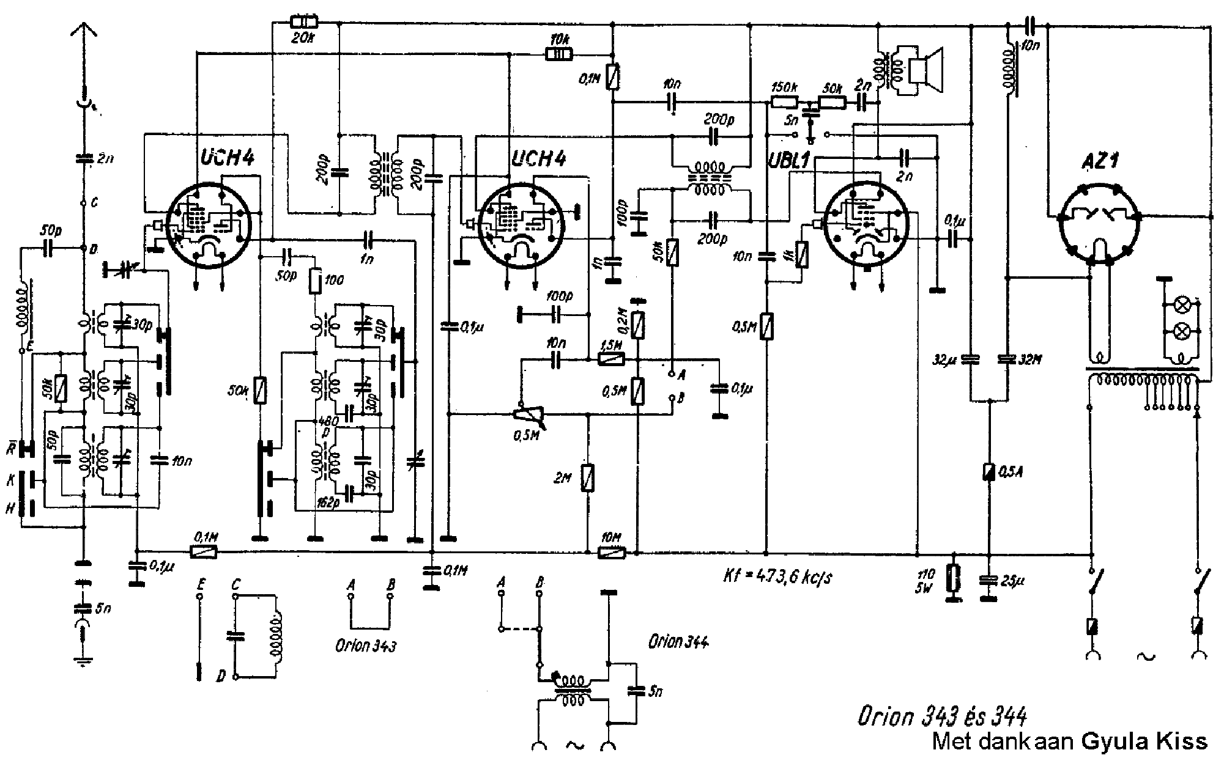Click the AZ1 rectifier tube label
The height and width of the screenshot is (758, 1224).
[1099, 161]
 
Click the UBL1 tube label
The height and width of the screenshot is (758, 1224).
[788, 160]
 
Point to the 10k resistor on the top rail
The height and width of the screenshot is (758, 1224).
[559, 54]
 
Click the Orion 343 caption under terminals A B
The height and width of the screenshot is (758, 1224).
[366, 646]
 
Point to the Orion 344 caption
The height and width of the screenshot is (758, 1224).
[678, 642]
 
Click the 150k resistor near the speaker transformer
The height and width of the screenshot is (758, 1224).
[784, 103]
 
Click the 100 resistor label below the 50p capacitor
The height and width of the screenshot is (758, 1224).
[334, 279]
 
